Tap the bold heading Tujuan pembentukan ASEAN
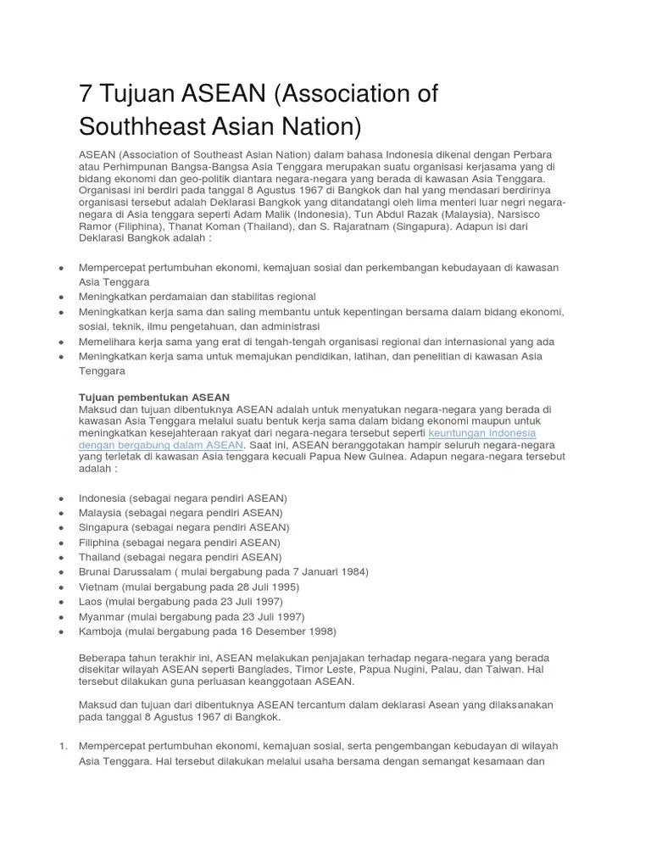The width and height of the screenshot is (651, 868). [154, 397]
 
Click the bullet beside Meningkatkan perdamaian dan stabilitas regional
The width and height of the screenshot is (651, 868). [62, 297]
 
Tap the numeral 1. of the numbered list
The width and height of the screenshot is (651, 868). [62, 746]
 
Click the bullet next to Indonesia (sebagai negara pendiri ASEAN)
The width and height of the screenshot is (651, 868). [62, 498]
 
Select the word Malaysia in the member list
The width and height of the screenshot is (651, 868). [100, 513]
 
